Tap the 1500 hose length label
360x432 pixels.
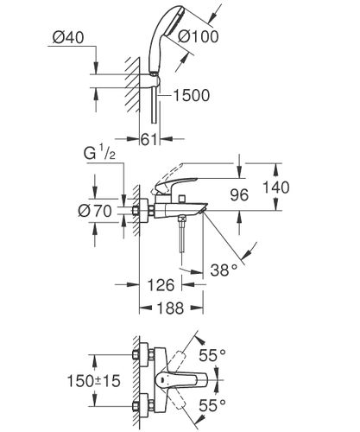(191, 95)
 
